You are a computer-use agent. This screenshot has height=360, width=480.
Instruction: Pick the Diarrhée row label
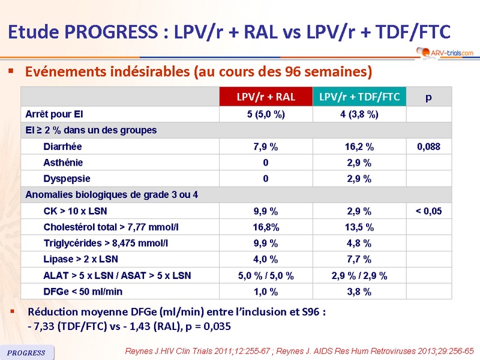click(63, 146)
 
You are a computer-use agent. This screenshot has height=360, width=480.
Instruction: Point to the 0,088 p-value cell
click(428, 146)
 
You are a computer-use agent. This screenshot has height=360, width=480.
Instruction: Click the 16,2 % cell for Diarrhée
click(359, 146)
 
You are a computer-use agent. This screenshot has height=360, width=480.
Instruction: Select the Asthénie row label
click(63, 163)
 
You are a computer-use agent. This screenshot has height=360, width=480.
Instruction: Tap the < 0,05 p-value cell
click(428, 211)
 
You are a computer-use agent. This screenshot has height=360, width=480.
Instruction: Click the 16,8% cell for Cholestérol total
click(266, 227)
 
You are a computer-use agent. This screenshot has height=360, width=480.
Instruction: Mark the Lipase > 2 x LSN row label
click(81, 260)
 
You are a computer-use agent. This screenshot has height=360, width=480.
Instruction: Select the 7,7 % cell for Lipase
click(359, 260)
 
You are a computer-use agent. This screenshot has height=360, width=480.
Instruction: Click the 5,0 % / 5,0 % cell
click(266, 276)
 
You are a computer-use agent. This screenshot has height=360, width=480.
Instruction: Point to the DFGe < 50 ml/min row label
click(83, 292)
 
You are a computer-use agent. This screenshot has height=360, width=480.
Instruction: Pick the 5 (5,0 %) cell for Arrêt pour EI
click(266, 114)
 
